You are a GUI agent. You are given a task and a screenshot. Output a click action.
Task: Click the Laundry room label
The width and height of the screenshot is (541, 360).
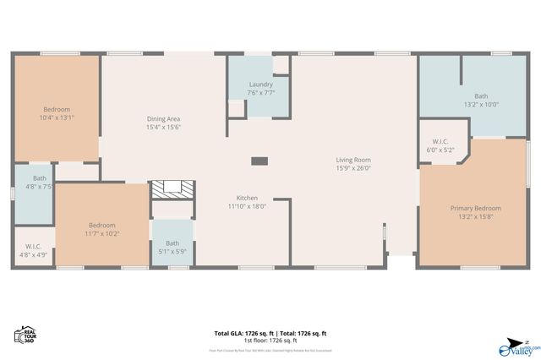coord(261,85)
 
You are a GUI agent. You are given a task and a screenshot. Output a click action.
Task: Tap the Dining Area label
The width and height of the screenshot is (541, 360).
coord(164,118)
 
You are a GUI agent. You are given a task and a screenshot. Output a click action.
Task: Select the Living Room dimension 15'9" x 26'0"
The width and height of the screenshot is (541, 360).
coord(353,168)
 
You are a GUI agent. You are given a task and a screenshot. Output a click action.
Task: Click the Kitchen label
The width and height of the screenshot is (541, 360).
coord(247,198)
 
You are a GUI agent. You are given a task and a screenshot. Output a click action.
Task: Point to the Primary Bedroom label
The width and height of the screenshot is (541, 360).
coord(475,208)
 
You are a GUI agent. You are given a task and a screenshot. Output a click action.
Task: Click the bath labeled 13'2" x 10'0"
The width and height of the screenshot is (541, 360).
coord(481,95)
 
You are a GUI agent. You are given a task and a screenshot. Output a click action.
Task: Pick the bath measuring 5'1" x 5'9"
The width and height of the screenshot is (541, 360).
coord(172,247)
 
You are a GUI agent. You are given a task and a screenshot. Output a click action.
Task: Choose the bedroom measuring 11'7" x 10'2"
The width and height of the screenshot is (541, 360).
coord(102,229)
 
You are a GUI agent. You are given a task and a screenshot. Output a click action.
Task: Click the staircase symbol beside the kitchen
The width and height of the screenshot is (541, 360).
coord(172,190)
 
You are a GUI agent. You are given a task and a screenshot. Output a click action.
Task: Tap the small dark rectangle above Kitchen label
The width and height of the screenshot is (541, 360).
coord(260,161)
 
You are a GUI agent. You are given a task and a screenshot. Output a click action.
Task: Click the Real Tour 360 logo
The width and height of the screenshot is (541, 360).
coord(25,335)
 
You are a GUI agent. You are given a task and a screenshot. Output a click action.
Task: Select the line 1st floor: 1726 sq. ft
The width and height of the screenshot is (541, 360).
coord(270,340)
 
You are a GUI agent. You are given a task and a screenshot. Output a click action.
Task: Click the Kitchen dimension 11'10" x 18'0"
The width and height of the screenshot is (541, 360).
coord(247,206)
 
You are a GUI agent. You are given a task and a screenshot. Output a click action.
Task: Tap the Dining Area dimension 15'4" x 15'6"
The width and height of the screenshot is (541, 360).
coord(164,127)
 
